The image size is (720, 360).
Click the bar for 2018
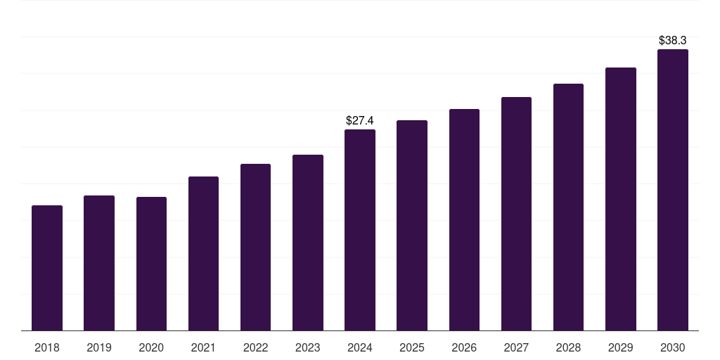coord(47,268)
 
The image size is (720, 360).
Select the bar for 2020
coord(151,264)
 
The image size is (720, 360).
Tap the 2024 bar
coord(360,230)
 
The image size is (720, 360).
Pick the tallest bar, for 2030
coord(672,190)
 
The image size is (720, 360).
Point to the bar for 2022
coord(255,247)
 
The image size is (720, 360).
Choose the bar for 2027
coord(516,214)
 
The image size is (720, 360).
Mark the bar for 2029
coord(620,199)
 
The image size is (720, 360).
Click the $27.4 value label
coord(360,121)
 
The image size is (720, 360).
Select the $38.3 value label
coord(672,41)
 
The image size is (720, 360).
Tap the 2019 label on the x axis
coord(99,347)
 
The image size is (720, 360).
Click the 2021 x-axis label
coord(203,347)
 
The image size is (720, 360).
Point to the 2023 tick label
coord(307,347)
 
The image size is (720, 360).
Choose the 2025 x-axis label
coord(411,347)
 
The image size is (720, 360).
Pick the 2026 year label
coord(464,347)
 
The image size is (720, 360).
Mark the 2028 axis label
coord(568,347)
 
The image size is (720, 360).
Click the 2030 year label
coord(672,347)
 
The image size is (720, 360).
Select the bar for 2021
coord(203,253)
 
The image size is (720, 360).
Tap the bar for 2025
coord(411,225)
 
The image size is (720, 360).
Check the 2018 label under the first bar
coord(47,347)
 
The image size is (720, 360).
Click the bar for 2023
coord(307,243)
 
